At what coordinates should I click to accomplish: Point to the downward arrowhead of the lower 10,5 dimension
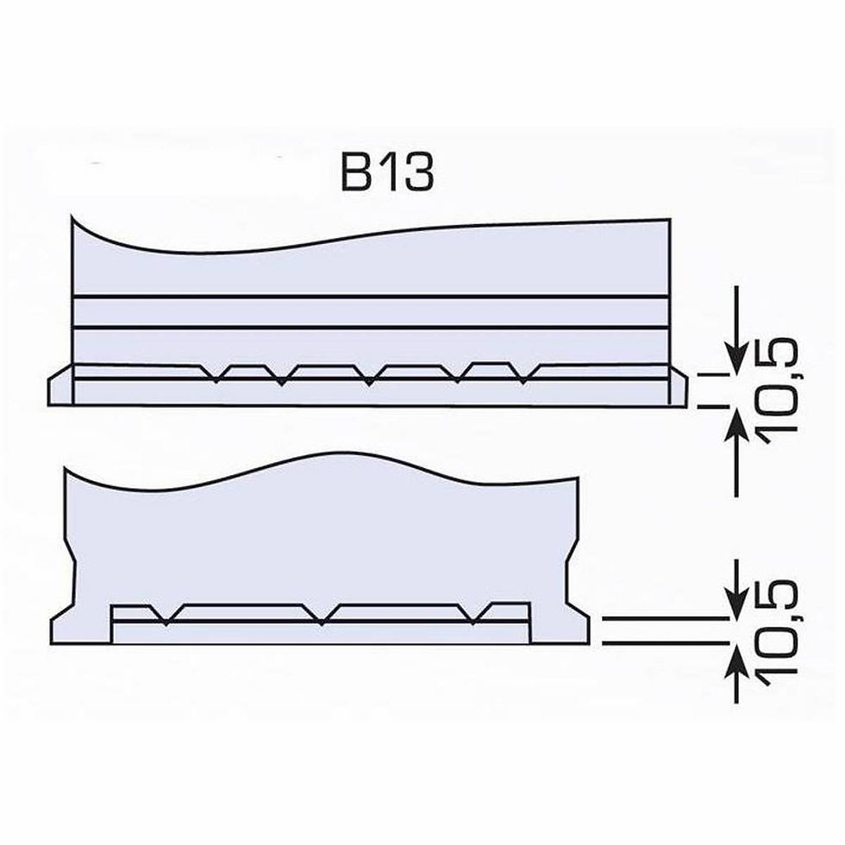tap(735, 604)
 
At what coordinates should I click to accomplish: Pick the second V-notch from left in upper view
tap(281, 379)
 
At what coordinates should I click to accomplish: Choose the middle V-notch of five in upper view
tap(369, 379)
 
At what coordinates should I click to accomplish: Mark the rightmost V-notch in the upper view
tap(524, 378)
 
